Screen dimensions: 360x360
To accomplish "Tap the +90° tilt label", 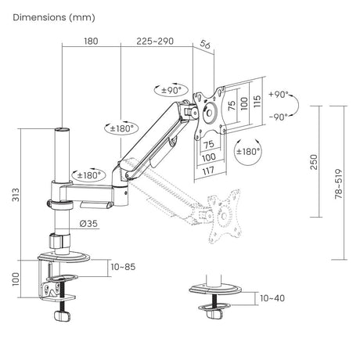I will click(x=279, y=95).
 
